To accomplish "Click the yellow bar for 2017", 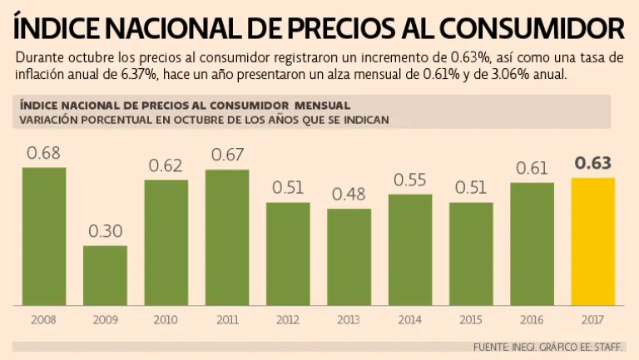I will tap(593, 241).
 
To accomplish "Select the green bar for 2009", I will tap(105, 275).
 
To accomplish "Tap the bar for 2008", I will tap(43, 236).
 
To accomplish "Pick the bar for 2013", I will tap(349, 257).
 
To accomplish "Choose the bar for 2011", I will tap(226, 238).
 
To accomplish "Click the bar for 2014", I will tap(410, 250).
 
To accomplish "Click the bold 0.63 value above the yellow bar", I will tap(593, 163).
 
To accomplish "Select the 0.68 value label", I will tap(43, 153).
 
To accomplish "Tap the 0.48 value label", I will tap(349, 194).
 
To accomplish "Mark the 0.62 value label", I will tap(166, 165).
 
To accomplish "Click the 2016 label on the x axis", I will tap(532, 319).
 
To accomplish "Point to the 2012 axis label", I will tap(288, 319).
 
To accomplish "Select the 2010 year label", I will tap(166, 319).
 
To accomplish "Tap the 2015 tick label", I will tap(471, 319).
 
